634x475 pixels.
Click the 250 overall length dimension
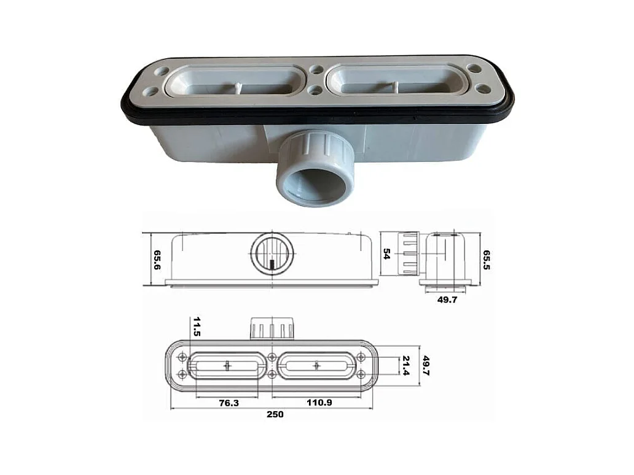[275, 414]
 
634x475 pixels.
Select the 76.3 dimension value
[229, 403]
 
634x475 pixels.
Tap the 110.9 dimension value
[319, 403]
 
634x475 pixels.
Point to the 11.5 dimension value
[197, 326]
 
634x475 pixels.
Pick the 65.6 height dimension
[157, 260]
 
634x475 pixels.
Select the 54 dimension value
[386, 254]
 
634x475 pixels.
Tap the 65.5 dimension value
[487, 260]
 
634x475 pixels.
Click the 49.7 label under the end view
[447, 299]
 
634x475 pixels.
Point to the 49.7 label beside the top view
[425, 366]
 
